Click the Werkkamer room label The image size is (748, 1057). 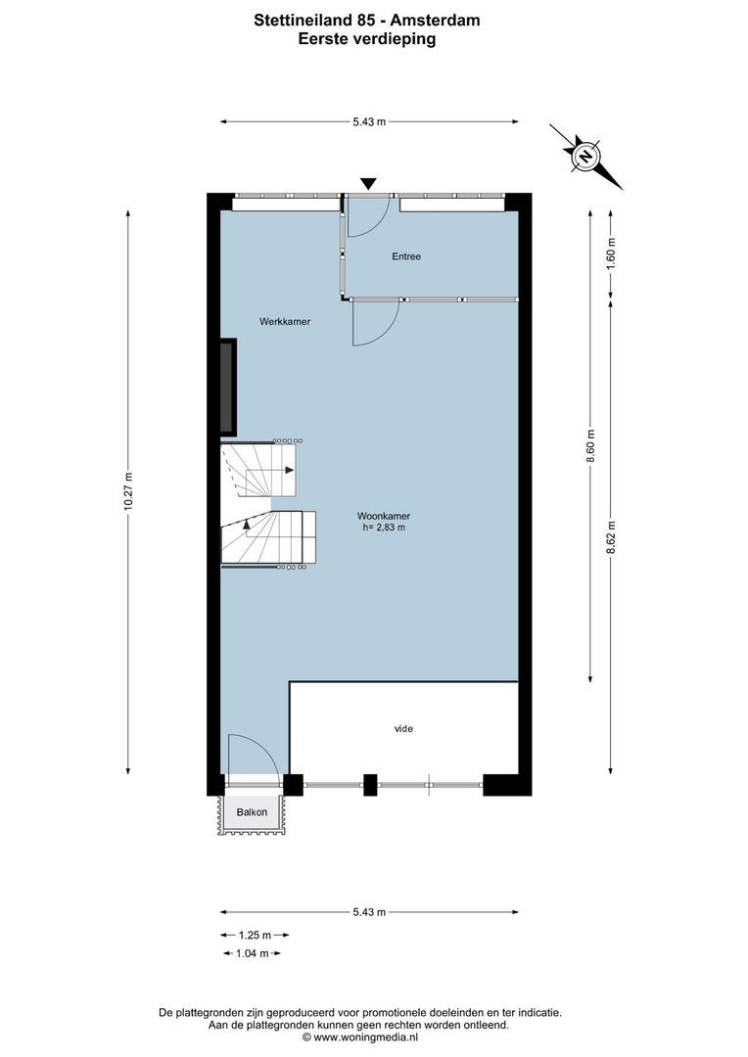pos(285,321)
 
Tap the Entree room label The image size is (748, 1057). pos(406,256)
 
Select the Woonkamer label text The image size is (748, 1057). pos(383,516)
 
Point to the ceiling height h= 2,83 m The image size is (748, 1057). pos(383,528)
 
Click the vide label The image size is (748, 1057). pos(403,728)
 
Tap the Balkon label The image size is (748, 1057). pos(251,812)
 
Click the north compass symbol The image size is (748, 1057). pos(585,156)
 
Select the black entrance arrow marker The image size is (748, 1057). pos(368,184)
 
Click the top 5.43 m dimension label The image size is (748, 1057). pos(369,121)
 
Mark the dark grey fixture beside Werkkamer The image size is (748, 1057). pos(228,387)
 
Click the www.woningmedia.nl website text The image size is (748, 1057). pos(366,1036)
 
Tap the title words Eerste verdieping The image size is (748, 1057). pos(367,39)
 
